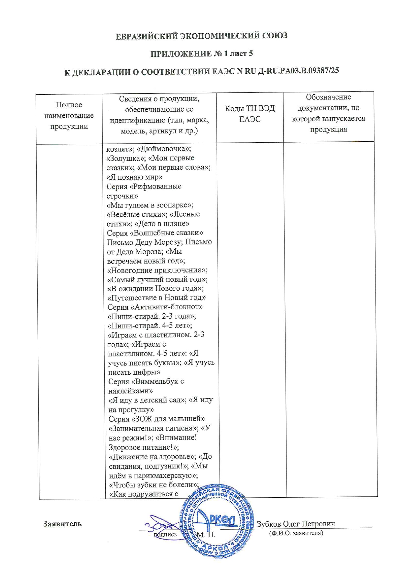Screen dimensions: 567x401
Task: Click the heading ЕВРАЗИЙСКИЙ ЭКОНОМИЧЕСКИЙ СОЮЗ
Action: pyautogui.click(x=201, y=36)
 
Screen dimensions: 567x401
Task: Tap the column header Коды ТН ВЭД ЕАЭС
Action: pyautogui.click(x=250, y=113)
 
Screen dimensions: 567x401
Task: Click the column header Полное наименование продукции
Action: pyautogui.click(x=69, y=115)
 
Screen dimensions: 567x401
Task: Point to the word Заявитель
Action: pyautogui.click(x=62, y=524)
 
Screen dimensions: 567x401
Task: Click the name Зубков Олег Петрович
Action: pyautogui.click(x=296, y=524)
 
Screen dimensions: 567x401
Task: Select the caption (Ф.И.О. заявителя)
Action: pyautogui.click(x=296, y=533)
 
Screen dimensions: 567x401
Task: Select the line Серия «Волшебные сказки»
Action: pyautogui.click(x=155, y=233)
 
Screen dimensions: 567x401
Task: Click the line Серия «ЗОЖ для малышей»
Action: pyautogui.click(x=157, y=419)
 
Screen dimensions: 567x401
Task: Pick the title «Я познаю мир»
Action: pyautogui.click(x=135, y=177)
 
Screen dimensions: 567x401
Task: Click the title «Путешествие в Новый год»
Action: pyautogui.click(x=157, y=297)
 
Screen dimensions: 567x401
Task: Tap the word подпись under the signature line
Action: pyautogui.click(x=165, y=534)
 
